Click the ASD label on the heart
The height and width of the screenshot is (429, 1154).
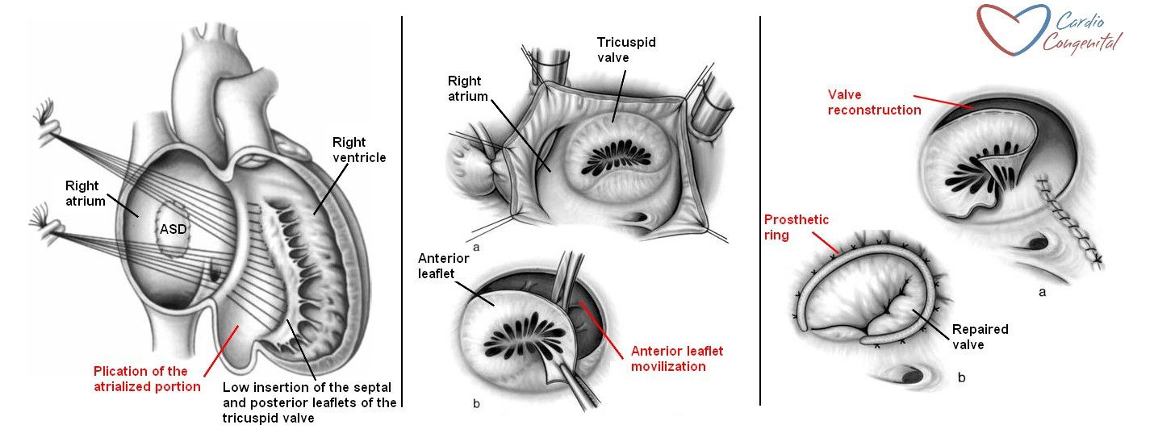[x=173, y=229]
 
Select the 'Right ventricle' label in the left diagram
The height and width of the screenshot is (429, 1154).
[x=359, y=150]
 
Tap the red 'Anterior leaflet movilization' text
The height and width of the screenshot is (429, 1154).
[x=677, y=358]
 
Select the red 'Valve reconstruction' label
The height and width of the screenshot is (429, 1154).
[x=874, y=102]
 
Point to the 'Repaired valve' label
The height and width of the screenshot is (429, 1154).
[x=980, y=336]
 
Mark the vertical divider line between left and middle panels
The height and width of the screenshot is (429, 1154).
[x=402, y=210]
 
